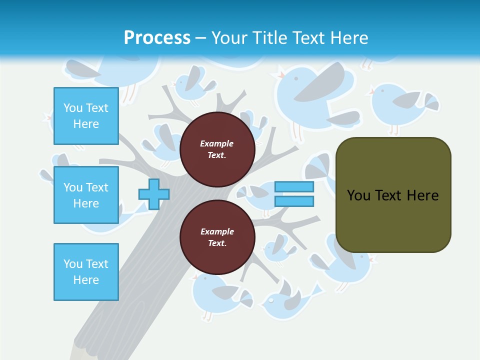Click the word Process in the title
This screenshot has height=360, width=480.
157,38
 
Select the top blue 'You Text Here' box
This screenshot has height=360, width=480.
86,116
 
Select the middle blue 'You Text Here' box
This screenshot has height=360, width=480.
86,195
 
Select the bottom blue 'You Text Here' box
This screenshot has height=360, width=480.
86,271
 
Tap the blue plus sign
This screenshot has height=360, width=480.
153,194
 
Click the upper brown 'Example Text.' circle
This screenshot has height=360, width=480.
217,149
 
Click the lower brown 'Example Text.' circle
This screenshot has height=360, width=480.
217,237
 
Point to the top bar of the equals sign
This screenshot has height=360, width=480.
294,187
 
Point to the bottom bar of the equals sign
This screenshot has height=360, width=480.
294,201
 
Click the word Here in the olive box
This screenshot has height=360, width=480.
422,195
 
